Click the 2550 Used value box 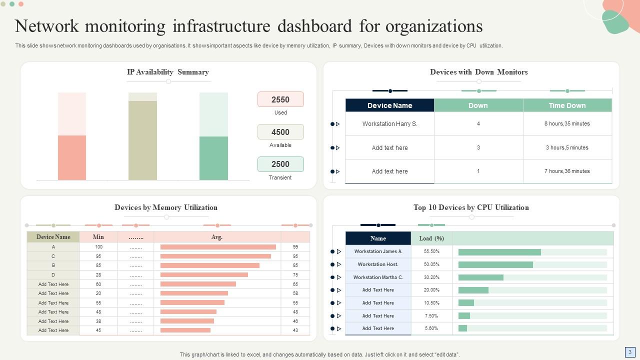pyautogui.click(x=280, y=99)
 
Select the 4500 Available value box pyautogui.click(x=280, y=132)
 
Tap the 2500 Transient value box pyautogui.click(x=280, y=164)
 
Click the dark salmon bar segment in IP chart pyautogui.click(x=72, y=157)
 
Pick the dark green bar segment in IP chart pyautogui.click(x=213, y=158)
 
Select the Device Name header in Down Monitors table pyautogui.click(x=389, y=105)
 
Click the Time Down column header pyautogui.click(x=567, y=105)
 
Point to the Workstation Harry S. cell pyautogui.click(x=389, y=124)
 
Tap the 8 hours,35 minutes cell pyautogui.click(x=567, y=124)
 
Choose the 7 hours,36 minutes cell pyautogui.click(x=567, y=171)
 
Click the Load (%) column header pyautogui.click(x=431, y=238)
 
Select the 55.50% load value pyautogui.click(x=431, y=251)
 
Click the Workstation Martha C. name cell pyautogui.click(x=378, y=277)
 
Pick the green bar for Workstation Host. pyautogui.click(x=495, y=264)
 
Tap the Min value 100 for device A pyautogui.click(x=98, y=247)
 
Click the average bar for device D pyautogui.click(x=204, y=275)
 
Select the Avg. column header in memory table pyautogui.click(x=217, y=237)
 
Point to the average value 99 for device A pyautogui.click(x=295, y=247)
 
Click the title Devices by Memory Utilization pyautogui.click(x=166, y=207)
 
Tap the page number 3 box pyautogui.click(x=629, y=351)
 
